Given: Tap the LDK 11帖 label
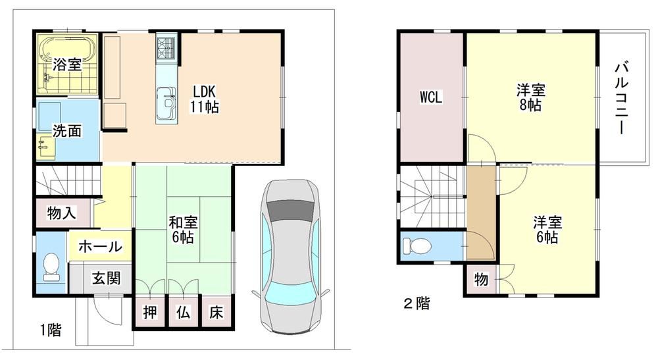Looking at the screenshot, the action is [204, 99].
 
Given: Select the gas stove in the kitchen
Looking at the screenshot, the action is [166, 48].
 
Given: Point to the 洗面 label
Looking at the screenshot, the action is [67, 131].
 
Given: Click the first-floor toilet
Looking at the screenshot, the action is [51, 267].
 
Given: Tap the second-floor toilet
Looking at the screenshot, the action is [417, 246].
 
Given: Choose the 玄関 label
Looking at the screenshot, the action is [107, 278].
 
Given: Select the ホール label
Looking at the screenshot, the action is [100, 246].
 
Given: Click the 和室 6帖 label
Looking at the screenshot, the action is [183, 230].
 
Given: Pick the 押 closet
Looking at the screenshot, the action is [150, 312].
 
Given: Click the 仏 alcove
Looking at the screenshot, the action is [184, 312].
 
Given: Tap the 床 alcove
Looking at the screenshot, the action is [216, 312].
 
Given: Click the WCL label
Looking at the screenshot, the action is [431, 97].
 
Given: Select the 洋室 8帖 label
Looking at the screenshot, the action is [531, 97].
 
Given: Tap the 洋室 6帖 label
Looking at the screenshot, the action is [547, 230].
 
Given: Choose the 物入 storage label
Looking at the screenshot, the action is [62, 213].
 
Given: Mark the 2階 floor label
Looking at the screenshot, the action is [417, 303].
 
